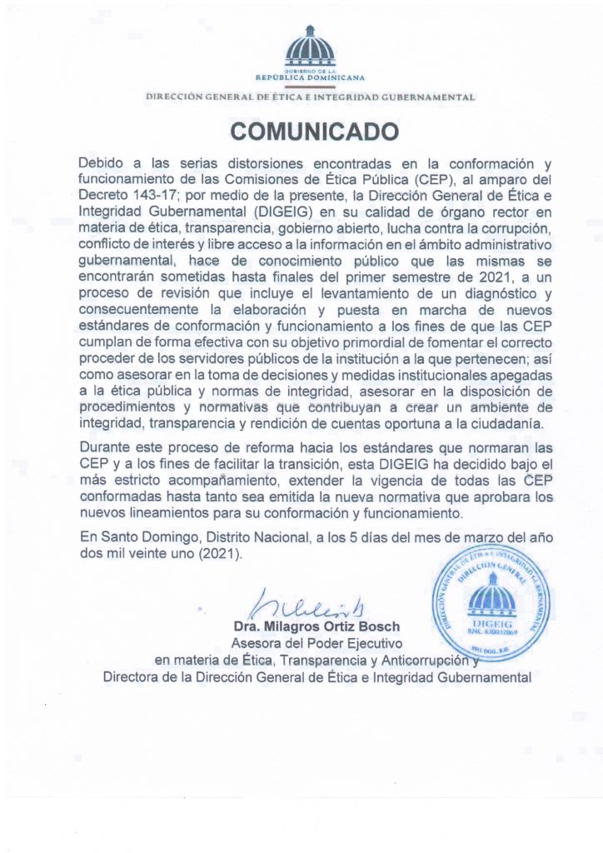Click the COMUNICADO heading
pos(303,132)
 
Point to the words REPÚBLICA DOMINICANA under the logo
pos(310,77)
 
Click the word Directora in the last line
pos(133,677)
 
